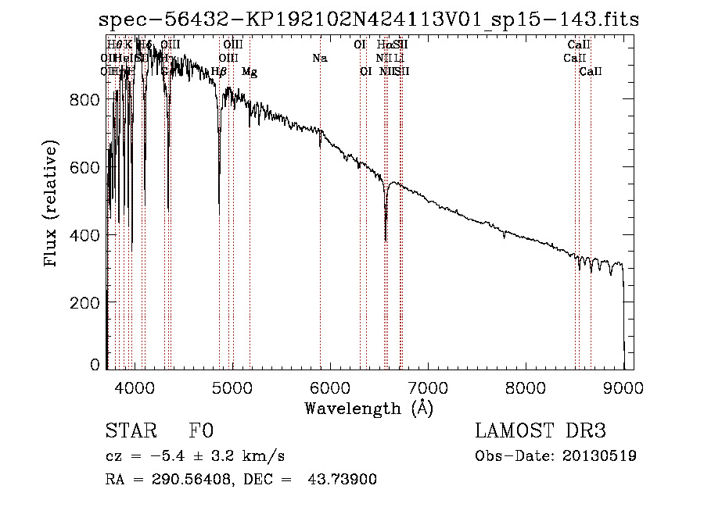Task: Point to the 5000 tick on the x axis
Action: click(x=232, y=386)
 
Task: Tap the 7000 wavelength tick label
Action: click(x=428, y=386)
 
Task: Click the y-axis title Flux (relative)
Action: click(x=52, y=205)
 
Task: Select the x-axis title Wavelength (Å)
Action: click(x=368, y=408)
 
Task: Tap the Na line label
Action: click(x=319, y=58)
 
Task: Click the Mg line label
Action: click(x=249, y=72)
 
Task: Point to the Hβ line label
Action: click(x=219, y=72)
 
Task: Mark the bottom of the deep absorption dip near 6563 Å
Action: click(x=386, y=240)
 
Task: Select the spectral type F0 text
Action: click(x=201, y=431)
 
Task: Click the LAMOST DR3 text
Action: click(x=541, y=431)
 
